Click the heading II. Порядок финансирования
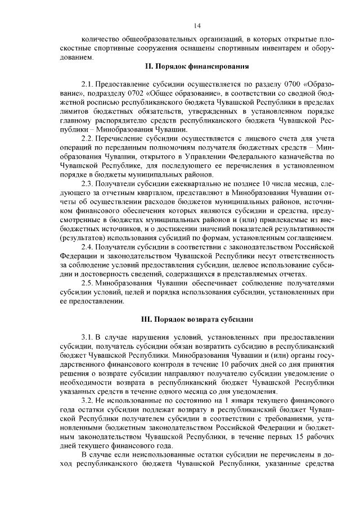(x=197, y=66)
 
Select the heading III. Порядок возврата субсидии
(x=197, y=319)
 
